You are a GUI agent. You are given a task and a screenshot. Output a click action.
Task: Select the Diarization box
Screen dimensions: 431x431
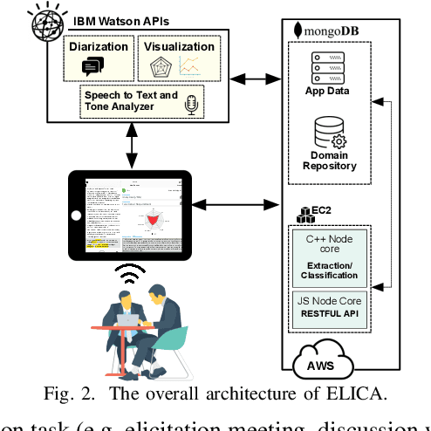coord(98,58)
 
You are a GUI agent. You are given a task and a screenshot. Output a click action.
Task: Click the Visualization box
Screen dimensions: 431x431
coord(179,58)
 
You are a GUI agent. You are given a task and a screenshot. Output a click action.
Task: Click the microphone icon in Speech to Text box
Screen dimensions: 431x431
coord(191,105)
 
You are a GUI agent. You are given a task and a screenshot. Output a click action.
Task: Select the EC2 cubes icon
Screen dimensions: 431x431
coord(307,214)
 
